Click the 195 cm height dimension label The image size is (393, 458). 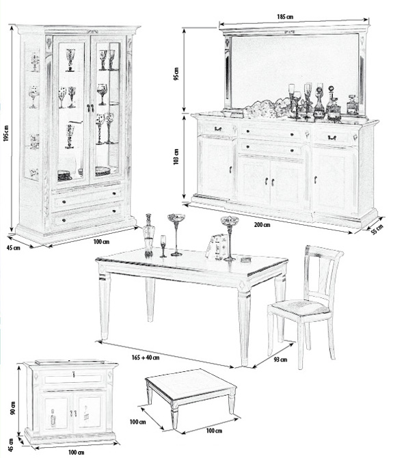click(6, 133)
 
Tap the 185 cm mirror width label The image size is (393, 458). click(285, 16)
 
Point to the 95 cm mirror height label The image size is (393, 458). click(176, 74)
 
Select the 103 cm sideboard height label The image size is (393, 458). click(176, 157)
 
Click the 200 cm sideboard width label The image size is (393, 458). click(262, 225)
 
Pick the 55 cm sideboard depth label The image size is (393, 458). click(377, 230)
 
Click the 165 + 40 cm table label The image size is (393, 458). click(146, 358)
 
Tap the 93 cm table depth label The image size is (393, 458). click(280, 360)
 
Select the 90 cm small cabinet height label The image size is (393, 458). click(12, 408)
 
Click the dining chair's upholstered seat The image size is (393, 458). click(300, 308)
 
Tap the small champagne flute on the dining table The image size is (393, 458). click(163, 246)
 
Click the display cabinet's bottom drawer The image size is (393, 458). click(87, 217)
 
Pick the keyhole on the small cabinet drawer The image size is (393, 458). click(74, 374)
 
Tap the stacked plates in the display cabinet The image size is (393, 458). click(64, 176)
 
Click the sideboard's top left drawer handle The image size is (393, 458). click(218, 129)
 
